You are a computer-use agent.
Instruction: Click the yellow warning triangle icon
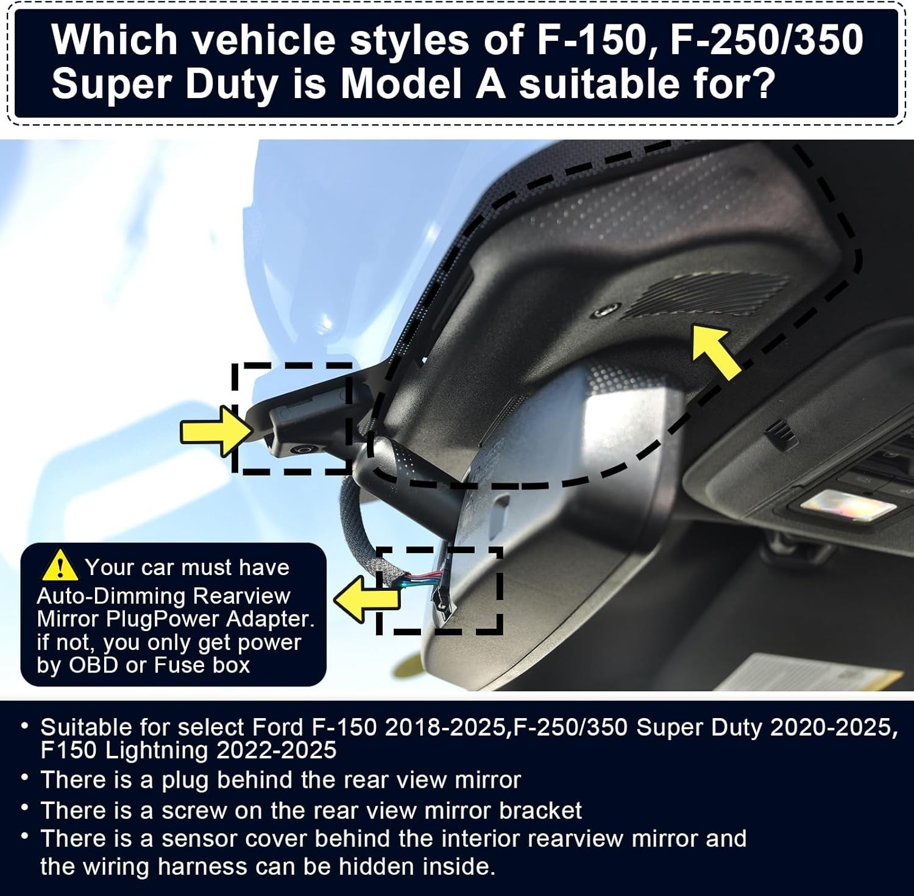pos(59,565)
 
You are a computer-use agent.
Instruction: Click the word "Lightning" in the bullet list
pos(157,750)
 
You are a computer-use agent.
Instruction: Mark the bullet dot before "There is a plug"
pos(24,778)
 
